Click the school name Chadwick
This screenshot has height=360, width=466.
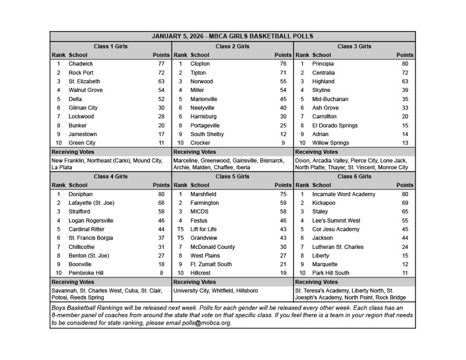[81, 64]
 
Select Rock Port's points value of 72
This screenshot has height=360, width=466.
[161, 73]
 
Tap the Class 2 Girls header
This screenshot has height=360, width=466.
[232, 46]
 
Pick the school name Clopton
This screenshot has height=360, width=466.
[201, 64]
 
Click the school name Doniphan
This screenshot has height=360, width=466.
[81, 194]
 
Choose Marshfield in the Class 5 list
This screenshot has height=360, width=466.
[204, 194]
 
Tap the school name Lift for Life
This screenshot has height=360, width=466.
[204, 229]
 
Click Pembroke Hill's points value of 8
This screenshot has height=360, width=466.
[161, 272]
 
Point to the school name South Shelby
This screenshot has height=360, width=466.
[208, 134]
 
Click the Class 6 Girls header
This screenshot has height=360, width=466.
[354, 176]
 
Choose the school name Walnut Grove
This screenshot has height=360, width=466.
[86, 90]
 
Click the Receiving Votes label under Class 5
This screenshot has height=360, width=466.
[195, 281]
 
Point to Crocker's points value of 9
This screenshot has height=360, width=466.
[283, 143]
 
